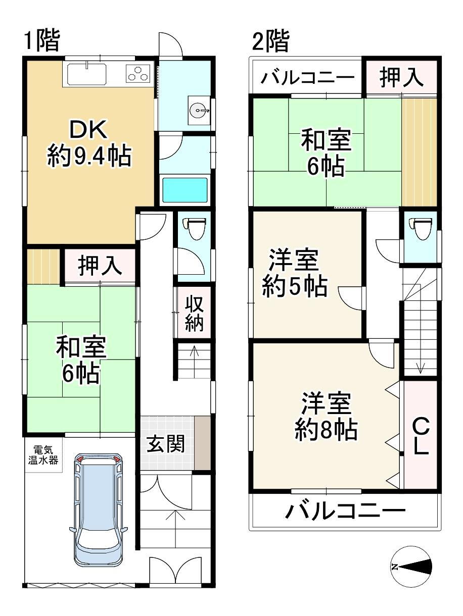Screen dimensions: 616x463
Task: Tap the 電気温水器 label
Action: pyautogui.click(x=44, y=454)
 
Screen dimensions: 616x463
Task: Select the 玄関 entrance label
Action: pyautogui.click(x=166, y=444)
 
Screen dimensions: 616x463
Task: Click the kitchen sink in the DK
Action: pyautogui.click(x=86, y=75)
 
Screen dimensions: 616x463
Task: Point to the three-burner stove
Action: pyautogui.click(x=139, y=74)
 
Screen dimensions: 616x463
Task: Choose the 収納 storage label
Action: pyautogui.click(x=193, y=315)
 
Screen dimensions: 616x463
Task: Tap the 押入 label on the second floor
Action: pyautogui.click(x=401, y=77)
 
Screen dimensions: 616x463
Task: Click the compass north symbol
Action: pyautogui.click(x=411, y=567)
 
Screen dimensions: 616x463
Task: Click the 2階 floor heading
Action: pyautogui.click(x=270, y=41)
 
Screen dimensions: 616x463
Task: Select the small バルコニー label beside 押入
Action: pyautogui.click(x=308, y=79)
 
